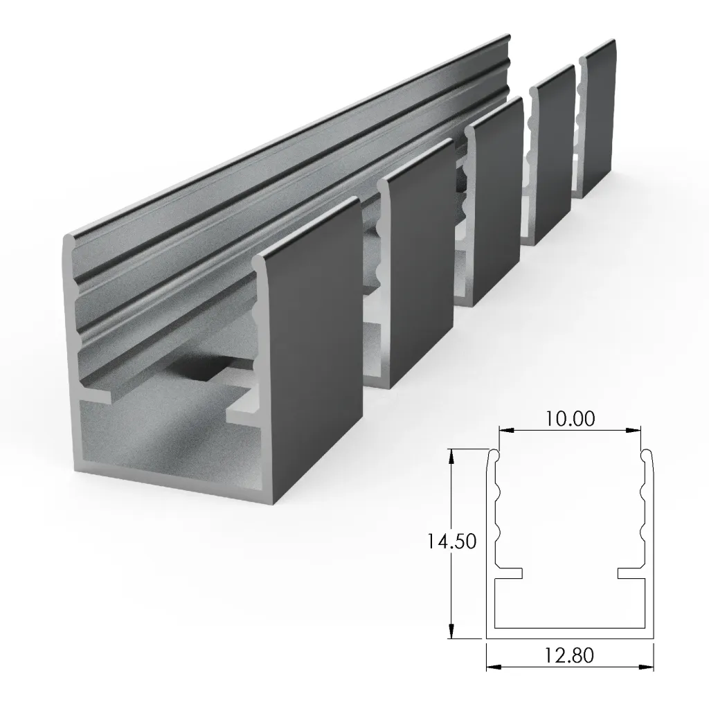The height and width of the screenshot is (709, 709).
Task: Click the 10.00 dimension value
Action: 569,419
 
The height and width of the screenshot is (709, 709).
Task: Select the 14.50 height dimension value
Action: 451,541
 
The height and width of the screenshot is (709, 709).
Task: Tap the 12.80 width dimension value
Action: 569,654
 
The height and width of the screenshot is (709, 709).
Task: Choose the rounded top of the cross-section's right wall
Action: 645,455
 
